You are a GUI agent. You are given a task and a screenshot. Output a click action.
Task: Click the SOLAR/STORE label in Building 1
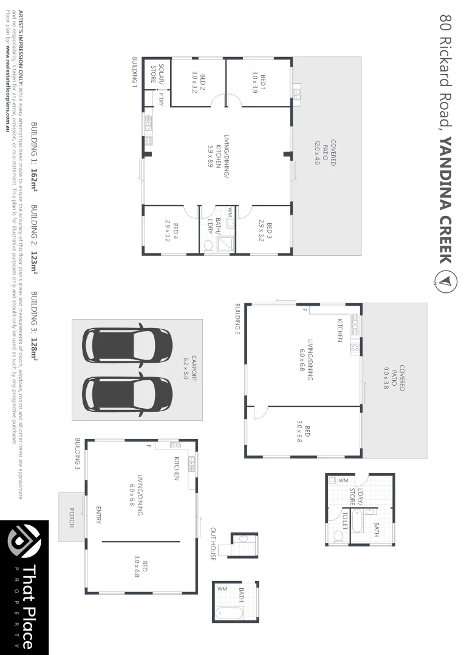tap(157, 74)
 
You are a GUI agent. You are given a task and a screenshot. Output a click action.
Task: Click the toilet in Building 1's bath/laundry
tap(209, 246)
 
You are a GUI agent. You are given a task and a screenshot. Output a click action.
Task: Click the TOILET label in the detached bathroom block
tap(344, 521)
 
